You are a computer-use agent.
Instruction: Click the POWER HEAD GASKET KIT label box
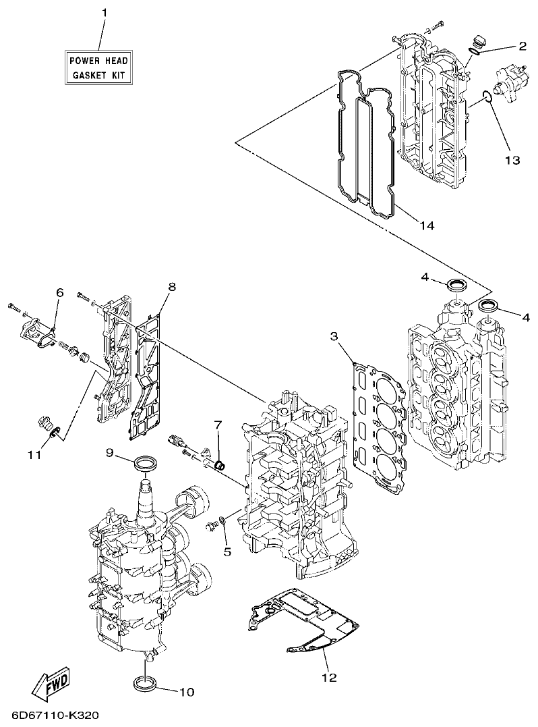tap(98, 68)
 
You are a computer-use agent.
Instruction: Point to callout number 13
tap(512, 160)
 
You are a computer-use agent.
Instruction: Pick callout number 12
tap(329, 677)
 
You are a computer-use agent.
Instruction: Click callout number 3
tap(334, 335)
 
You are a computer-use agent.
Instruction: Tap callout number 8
tap(172, 287)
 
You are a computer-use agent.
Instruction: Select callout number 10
tap(186, 691)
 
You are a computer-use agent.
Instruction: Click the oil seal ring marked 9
tap(146, 464)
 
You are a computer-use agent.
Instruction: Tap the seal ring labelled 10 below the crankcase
tap(146, 682)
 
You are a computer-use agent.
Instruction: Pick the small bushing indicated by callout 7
tap(218, 464)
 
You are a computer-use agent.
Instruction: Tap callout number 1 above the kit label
tap(104, 13)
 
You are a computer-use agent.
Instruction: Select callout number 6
tap(59, 292)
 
